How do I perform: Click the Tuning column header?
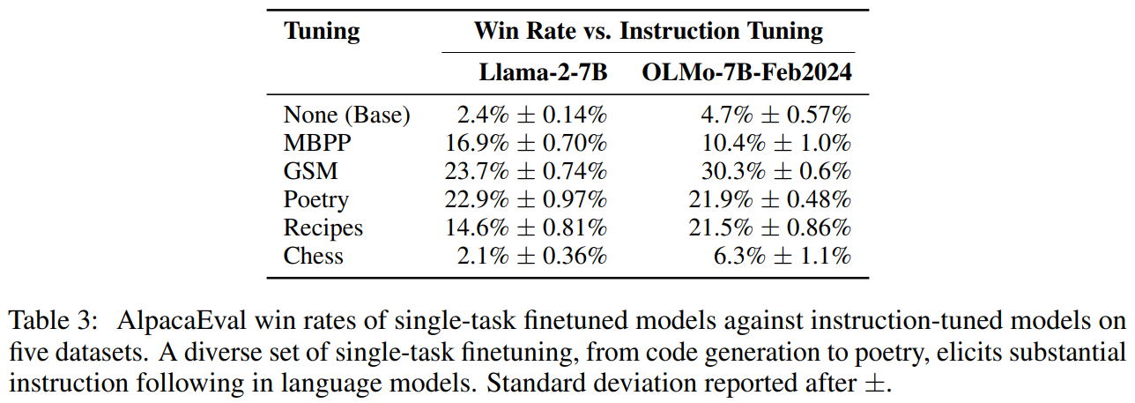click(x=322, y=32)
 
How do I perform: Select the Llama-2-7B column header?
click(x=543, y=72)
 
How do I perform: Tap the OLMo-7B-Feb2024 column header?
click(x=746, y=72)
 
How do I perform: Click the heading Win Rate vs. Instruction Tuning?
click(x=649, y=32)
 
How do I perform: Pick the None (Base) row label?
click(x=347, y=115)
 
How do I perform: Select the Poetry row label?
click(x=315, y=200)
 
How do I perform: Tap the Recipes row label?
click(x=323, y=228)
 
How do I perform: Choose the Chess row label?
click(x=313, y=256)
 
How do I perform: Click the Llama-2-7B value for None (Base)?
click(x=531, y=115)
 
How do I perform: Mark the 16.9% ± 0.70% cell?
click(x=526, y=143)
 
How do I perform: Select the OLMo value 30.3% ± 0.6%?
click(x=770, y=171)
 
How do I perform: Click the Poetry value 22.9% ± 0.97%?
click(x=526, y=199)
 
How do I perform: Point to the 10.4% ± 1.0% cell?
click(x=770, y=143)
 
